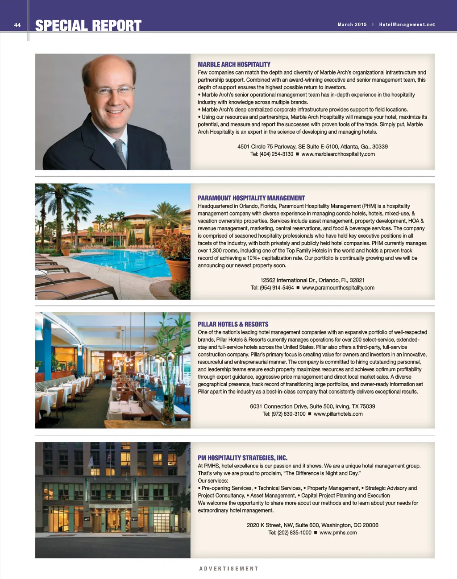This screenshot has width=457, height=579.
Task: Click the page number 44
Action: pyautogui.click(x=17, y=25)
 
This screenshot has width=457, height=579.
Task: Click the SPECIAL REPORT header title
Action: pyautogui.click(x=88, y=26)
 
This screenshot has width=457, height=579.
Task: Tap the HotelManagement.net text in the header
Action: pyautogui.click(x=407, y=25)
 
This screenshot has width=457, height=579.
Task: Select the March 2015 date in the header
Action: pyautogui.click(x=352, y=25)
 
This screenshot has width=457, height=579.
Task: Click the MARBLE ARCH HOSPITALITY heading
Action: pyautogui.click(x=234, y=65)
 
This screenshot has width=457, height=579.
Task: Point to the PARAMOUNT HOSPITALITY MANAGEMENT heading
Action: pyautogui.click(x=251, y=198)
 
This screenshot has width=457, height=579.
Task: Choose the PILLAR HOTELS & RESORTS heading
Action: pyautogui.click(x=233, y=324)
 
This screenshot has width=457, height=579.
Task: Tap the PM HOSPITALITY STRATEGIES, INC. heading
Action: pyautogui.click(x=242, y=458)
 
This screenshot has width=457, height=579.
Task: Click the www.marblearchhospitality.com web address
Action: pyautogui.click(x=338, y=154)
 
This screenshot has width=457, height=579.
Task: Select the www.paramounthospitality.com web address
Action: pyautogui.click(x=338, y=288)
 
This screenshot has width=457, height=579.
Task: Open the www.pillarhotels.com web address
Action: pyautogui.click(x=338, y=414)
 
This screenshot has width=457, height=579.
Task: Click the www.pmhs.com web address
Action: pyautogui.click(x=338, y=533)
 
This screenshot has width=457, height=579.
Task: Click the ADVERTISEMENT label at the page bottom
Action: pyautogui.click(x=228, y=569)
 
